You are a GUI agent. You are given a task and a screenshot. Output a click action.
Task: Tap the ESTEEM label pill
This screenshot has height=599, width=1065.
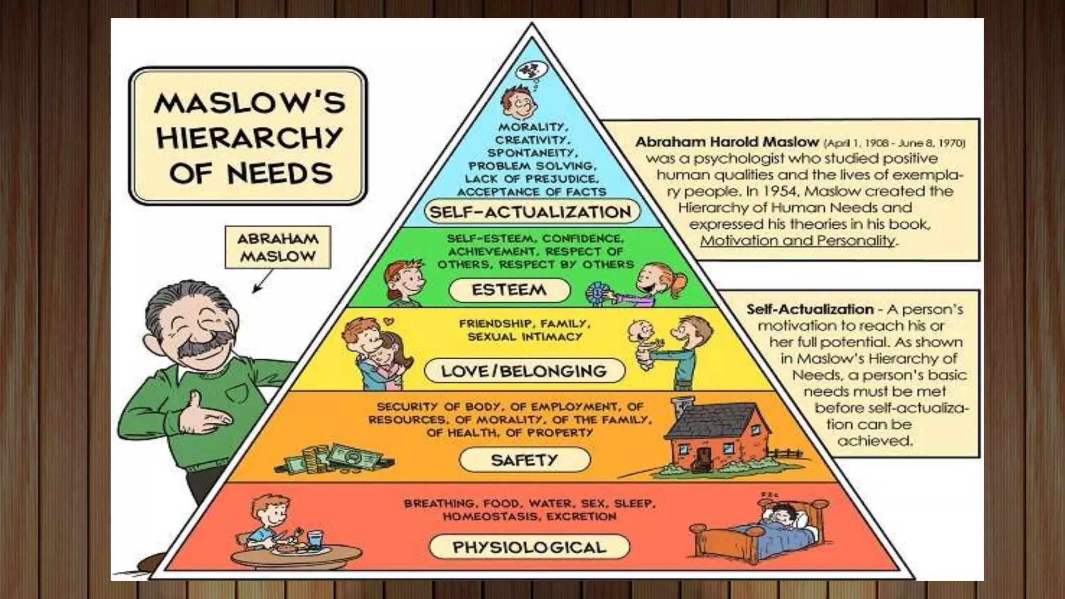[509, 290]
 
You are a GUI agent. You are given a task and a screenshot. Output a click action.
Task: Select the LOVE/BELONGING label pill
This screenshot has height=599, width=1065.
[524, 371]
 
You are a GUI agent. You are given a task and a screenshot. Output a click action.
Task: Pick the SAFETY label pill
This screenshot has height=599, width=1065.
[524, 460]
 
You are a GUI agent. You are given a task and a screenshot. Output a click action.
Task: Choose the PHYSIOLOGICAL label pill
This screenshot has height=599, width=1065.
[529, 547]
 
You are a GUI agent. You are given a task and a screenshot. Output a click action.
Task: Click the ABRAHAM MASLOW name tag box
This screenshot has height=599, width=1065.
[278, 248]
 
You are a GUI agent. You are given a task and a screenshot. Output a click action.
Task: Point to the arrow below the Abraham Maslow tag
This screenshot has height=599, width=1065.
[263, 282]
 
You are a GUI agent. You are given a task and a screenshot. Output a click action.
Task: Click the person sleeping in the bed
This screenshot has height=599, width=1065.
[780, 520]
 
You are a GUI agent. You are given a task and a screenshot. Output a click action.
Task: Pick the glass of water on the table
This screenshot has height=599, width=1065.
[315, 539]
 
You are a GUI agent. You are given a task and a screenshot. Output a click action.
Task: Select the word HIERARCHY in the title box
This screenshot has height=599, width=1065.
[250, 138]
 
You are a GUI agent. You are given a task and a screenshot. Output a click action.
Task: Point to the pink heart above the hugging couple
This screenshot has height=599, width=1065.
[388, 322]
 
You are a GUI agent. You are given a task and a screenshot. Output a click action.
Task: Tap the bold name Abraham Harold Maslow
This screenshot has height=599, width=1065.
[726, 142]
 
